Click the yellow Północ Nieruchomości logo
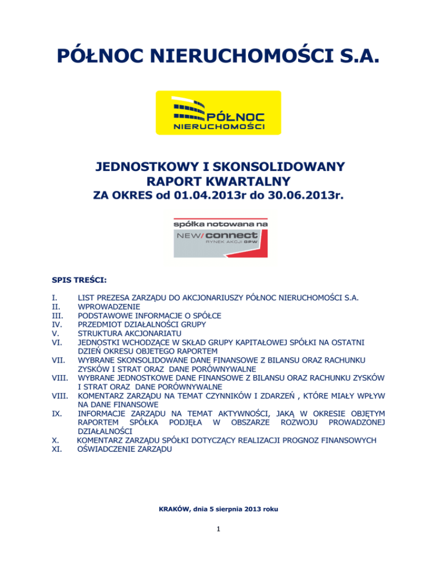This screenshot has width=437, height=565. (218, 113)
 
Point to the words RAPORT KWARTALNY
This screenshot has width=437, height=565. (218, 181)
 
